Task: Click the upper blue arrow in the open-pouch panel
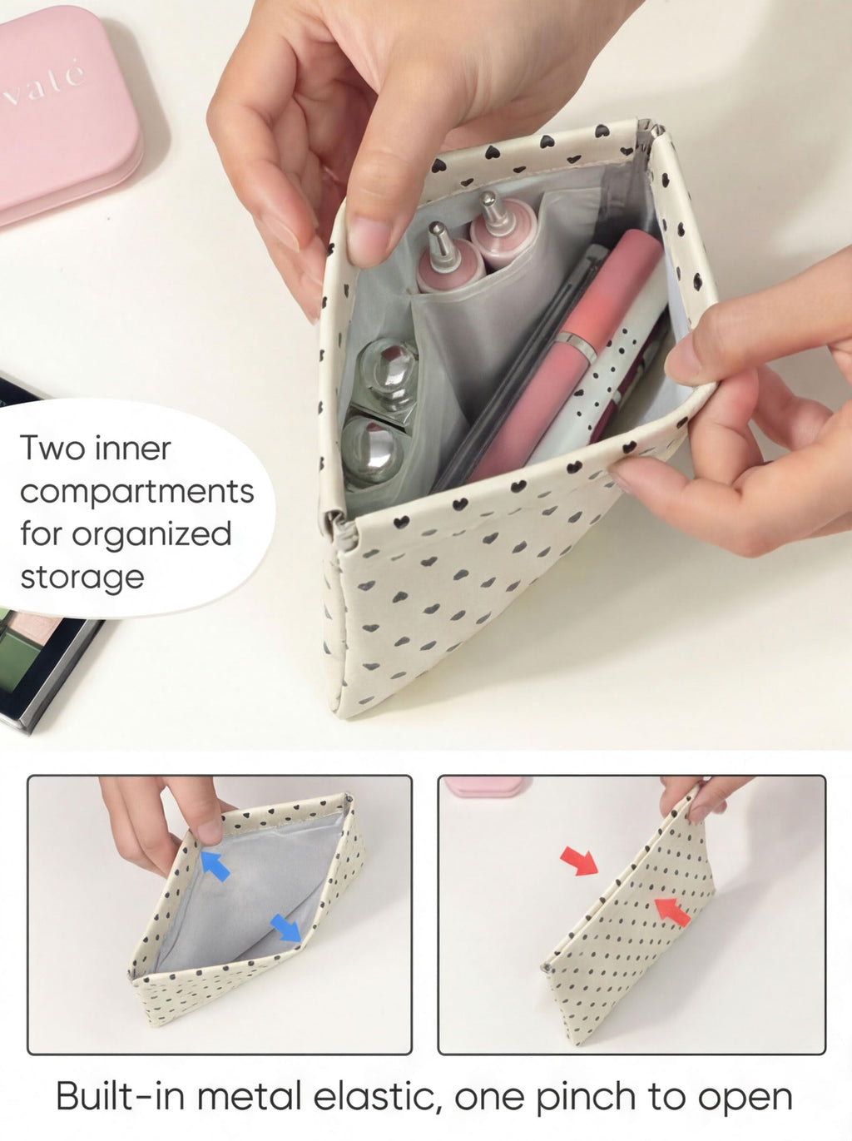coord(215,866)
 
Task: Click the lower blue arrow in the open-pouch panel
coord(285,928)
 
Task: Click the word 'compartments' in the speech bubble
coord(137,492)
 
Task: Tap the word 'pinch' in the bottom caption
coord(586,1099)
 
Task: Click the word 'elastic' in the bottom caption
coord(377,1098)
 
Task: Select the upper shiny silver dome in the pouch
coord(389,372)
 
